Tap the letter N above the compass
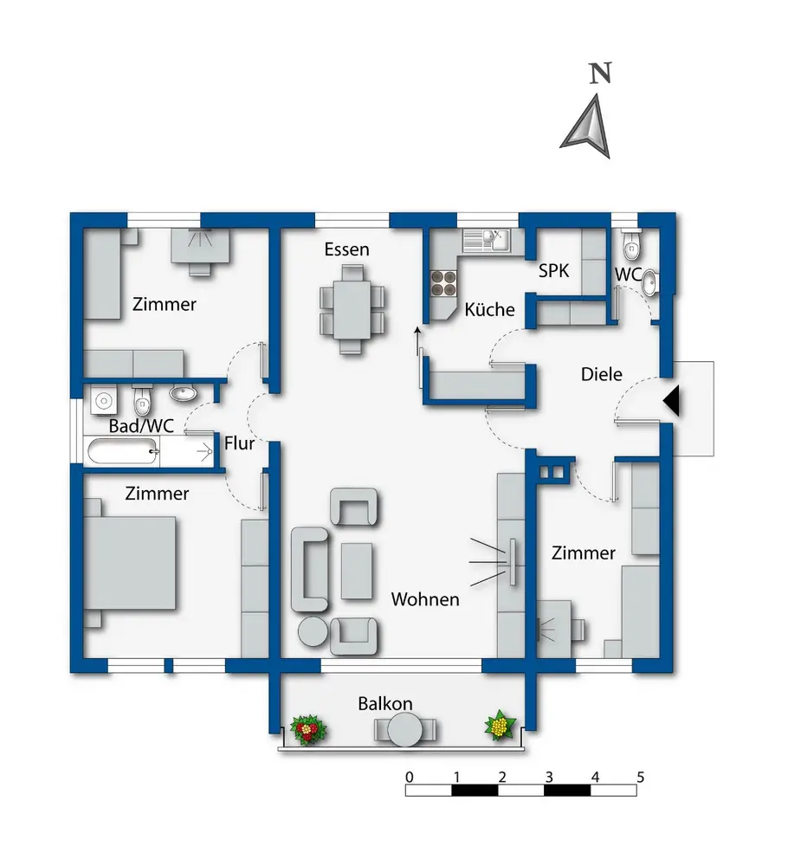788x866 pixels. [598, 74]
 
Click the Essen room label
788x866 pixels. [346, 250]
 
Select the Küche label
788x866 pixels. [489, 310]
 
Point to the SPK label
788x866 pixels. [554, 270]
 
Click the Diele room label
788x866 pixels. [601, 375]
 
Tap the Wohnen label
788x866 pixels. [424, 599]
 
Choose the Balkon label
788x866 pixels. [385, 703]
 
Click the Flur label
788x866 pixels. [239, 444]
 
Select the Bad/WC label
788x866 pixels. [142, 426]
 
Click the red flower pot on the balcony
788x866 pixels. [307, 730]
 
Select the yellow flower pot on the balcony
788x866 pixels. [500, 725]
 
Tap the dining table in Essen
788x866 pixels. [352, 309]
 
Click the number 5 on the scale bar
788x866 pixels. [640, 776]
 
